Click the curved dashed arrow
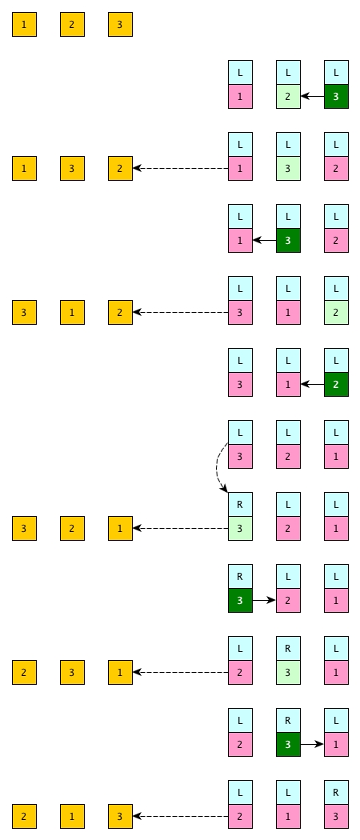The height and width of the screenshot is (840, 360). [x=218, y=467]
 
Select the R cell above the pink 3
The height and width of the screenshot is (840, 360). [x=337, y=792]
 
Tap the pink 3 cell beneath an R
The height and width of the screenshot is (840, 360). [x=337, y=817]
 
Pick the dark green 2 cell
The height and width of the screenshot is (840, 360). [x=337, y=384]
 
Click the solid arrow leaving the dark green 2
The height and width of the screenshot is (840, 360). [x=312, y=384]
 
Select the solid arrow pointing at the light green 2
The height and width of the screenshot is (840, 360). [x=312, y=97]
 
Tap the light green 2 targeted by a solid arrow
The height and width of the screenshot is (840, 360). [x=288, y=97]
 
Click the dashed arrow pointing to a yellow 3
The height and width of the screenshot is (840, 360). [x=181, y=817]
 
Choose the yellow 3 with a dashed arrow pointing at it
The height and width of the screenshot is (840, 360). [x=120, y=817]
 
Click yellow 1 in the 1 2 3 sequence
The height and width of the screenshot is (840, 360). [x=24, y=25]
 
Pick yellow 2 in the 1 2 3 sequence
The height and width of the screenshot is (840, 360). [x=72, y=25]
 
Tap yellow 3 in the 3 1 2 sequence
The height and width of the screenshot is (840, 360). [x=24, y=312]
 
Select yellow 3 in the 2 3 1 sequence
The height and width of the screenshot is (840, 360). [x=72, y=672]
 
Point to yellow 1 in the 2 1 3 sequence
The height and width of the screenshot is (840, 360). [x=72, y=817]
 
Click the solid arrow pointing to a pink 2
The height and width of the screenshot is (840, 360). [x=264, y=601]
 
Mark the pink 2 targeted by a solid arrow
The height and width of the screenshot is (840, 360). [x=288, y=601]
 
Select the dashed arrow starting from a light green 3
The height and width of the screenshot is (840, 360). [x=181, y=528]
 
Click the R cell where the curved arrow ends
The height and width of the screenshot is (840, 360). [x=240, y=504]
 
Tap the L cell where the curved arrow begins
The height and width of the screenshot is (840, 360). [x=240, y=432]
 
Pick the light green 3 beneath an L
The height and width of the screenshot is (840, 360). [x=288, y=168]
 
